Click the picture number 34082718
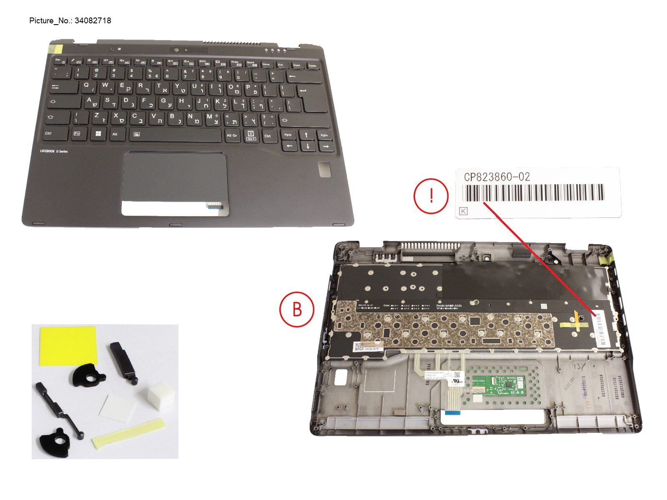[93, 21]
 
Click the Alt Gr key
[232, 135]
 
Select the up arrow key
[306, 135]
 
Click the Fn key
[77, 133]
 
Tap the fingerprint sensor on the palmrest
[324, 170]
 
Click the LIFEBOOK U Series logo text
[54, 151]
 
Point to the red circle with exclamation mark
[431, 196]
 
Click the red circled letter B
[297, 310]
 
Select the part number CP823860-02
[497, 177]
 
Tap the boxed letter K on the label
[463, 211]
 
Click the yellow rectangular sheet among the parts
[68, 346]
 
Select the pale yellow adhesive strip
[128, 433]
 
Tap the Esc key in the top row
[58, 61]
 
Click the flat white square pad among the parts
[117, 408]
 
